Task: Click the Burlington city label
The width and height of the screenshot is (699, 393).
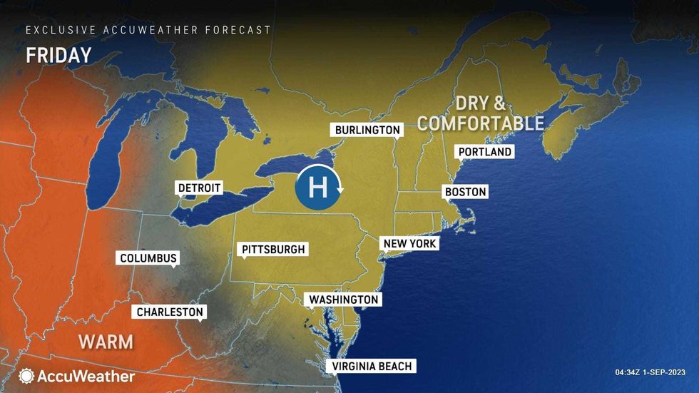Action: [x=368, y=130]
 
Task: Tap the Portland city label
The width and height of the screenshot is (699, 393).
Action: [x=485, y=152]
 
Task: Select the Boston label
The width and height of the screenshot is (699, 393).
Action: [x=465, y=192]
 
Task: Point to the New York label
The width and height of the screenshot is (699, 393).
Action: [x=409, y=243]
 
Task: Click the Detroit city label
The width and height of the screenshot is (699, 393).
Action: [x=200, y=188]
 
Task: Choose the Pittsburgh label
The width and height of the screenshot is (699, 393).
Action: [x=274, y=249]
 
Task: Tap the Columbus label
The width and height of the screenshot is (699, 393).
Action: [x=148, y=258]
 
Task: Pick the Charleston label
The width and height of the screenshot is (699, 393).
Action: [x=170, y=312]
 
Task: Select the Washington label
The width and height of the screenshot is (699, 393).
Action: [x=342, y=300]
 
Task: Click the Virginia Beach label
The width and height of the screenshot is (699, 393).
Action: [x=372, y=366]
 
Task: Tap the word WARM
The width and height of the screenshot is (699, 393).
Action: [x=106, y=342]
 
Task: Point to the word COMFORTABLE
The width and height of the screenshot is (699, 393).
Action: [x=481, y=123]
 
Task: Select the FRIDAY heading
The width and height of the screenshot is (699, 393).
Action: [x=58, y=56]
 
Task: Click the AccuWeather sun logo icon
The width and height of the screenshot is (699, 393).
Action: [x=26, y=375]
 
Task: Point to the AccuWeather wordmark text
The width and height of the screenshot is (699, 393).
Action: [x=86, y=376]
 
